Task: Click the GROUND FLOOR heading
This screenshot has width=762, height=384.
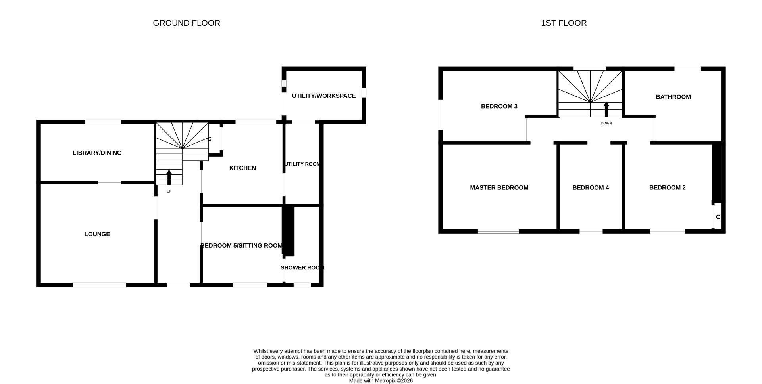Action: (x=186, y=23)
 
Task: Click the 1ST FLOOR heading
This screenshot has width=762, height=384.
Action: (x=564, y=23)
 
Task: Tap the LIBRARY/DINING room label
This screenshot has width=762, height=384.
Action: (x=97, y=153)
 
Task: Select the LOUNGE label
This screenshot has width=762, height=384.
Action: (x=97, y=234)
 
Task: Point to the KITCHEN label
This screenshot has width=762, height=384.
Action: (x=242, y=168)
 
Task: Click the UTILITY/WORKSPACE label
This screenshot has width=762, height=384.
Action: (x=323, y=96)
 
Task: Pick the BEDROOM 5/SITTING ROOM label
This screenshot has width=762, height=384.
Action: (x=241, y=246)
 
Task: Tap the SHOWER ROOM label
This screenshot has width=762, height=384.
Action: (x=302, y=268)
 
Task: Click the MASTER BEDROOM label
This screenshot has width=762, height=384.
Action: (x=499, y=188)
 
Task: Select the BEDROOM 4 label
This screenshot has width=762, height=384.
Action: (x=590, y=188)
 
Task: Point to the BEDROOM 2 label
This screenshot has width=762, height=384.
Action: (x=667, y=188)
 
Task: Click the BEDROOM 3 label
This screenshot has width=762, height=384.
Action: (x=499, y=106)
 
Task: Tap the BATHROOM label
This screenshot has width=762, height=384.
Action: (x=673, y=97)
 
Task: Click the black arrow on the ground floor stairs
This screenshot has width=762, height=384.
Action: (x=169, y=177)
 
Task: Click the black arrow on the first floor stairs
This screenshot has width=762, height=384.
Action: (x=606, y=109)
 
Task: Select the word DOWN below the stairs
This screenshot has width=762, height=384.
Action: (x=606, y=123)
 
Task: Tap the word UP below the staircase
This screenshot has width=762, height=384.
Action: (x=169, y=191)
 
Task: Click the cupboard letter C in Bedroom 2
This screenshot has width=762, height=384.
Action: (x=718, y=217)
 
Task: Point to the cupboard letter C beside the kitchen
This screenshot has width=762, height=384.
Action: (x=209, y=139)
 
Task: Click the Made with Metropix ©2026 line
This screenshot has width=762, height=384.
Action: (x=381, y=381)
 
